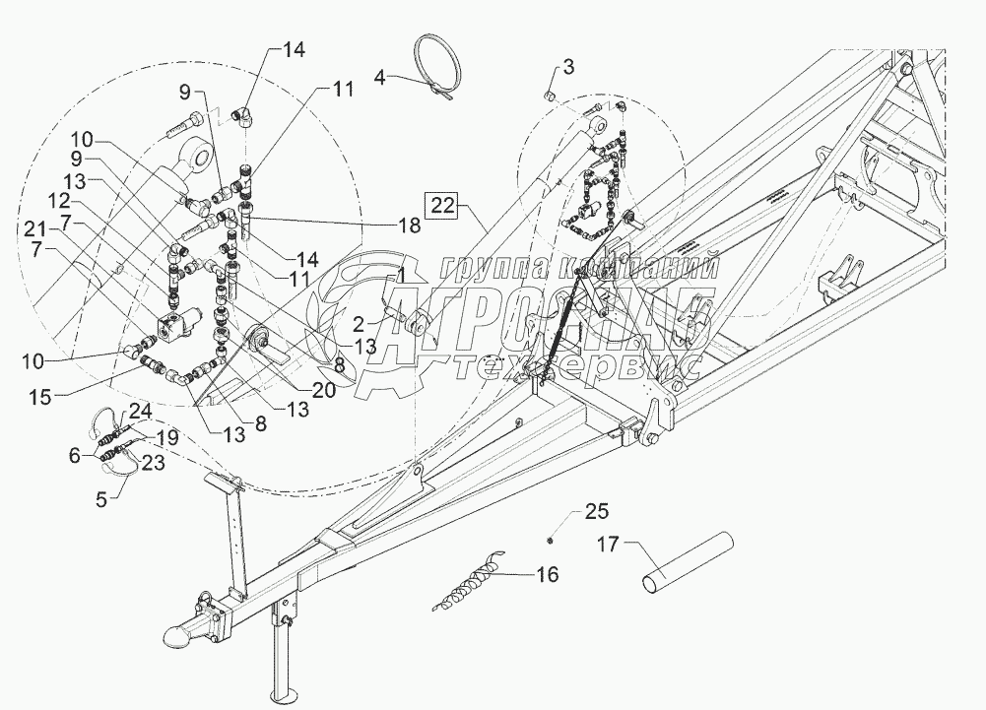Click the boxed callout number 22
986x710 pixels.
tap(444, 206)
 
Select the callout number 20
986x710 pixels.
tap(323, 390)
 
